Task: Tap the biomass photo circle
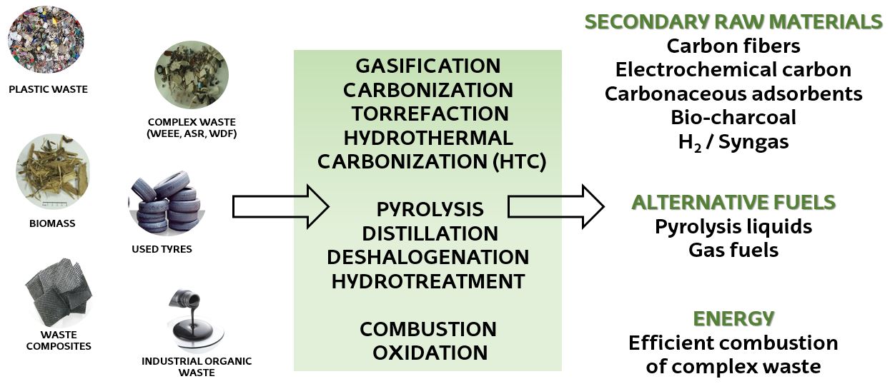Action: click(x=52, y=171)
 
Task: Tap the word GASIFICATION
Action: click(x=427, y=66)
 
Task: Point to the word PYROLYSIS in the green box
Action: click(x=430, y=210)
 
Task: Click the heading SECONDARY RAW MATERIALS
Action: click(x=733, y=22)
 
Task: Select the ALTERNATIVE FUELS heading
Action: click(x=733, y=203)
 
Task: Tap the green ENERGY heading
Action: click(x=733, y=318)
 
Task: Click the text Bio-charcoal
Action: click(x=733, y=117)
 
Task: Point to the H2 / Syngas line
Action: click(x=733, y=142)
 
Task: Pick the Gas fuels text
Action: click(x=733, y=251)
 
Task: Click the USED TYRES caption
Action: click(x=162, y=250)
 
